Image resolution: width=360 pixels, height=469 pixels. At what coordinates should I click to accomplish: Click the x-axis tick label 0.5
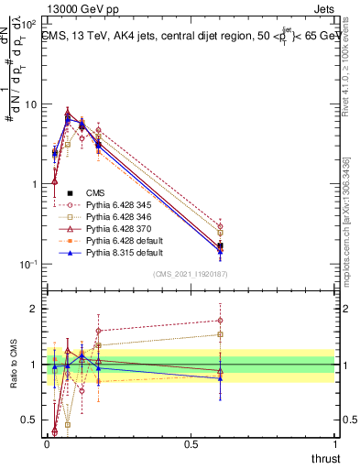(x=191, y=444)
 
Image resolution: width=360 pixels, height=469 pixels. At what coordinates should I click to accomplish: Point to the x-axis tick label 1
(x=334, y=444)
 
